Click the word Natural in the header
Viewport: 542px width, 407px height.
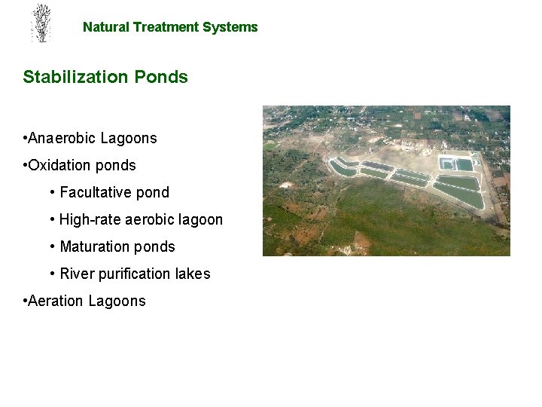coord(106,27)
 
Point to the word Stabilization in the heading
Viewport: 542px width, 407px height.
coord(76,77)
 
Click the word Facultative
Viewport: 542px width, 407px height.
coord(96,192)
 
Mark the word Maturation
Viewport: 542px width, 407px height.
coord(93,246)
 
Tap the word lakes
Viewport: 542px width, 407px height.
coord(193,274)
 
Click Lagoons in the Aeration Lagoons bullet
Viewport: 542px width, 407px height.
coord(117,301)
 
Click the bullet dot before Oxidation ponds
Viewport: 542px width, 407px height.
coord(26,165)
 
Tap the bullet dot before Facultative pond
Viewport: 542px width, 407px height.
coord(52,192)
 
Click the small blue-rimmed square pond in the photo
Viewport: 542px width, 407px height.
coord(447,163)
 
